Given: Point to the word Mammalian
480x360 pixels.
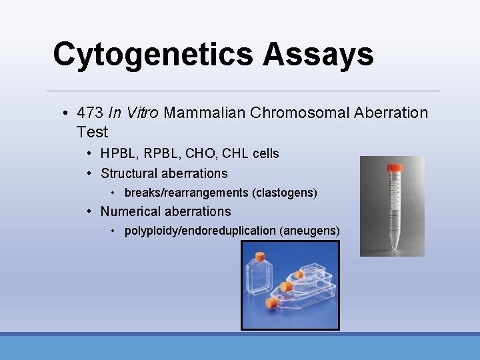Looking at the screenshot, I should point(205,113).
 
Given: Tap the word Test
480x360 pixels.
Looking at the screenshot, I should point(92,132).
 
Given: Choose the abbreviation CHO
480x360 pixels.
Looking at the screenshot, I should point(199,153).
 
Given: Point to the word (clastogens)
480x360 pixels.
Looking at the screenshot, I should point(285,193).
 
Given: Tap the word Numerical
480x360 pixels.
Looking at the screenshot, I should point(132,211).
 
